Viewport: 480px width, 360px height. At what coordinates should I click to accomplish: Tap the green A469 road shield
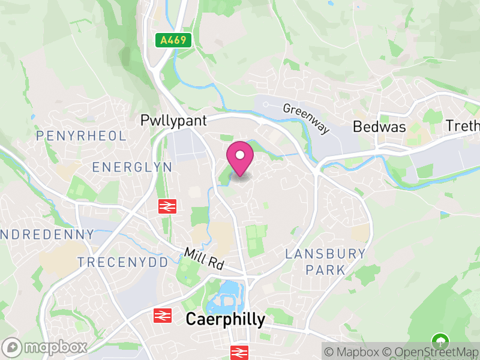point(174,41)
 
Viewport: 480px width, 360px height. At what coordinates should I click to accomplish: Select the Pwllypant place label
point(173,121)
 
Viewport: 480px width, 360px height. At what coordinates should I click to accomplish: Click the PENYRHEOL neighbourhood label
point(82,136)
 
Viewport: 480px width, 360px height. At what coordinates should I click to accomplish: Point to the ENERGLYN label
point(132,167)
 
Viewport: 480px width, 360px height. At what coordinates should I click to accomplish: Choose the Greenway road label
point(307,118)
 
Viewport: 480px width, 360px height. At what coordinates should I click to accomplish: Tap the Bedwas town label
point(379,127)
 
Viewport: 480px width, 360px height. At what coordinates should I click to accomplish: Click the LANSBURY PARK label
point(325,262)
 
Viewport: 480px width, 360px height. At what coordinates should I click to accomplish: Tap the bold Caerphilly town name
point(225,319)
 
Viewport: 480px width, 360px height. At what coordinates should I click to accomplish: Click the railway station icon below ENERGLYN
point(167,206)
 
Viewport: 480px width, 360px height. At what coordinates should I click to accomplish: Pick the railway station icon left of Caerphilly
point(163,315)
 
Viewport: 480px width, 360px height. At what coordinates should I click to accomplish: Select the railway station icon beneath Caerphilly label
point(239,352)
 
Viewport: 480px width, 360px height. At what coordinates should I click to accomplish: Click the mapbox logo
point(46,347)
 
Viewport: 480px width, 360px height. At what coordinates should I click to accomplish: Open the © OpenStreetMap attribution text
point(431,351)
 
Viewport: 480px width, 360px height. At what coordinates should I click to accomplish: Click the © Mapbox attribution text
point(353,351)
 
